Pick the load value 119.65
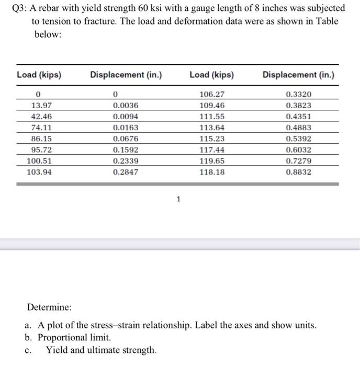[212, 161]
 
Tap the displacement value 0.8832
[298, 171]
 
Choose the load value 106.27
[212, 94]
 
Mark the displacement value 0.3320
[298, 94]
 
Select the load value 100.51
[39, 161]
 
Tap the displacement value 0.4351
[298, 116]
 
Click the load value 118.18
[212, 171]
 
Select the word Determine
[49, 307]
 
